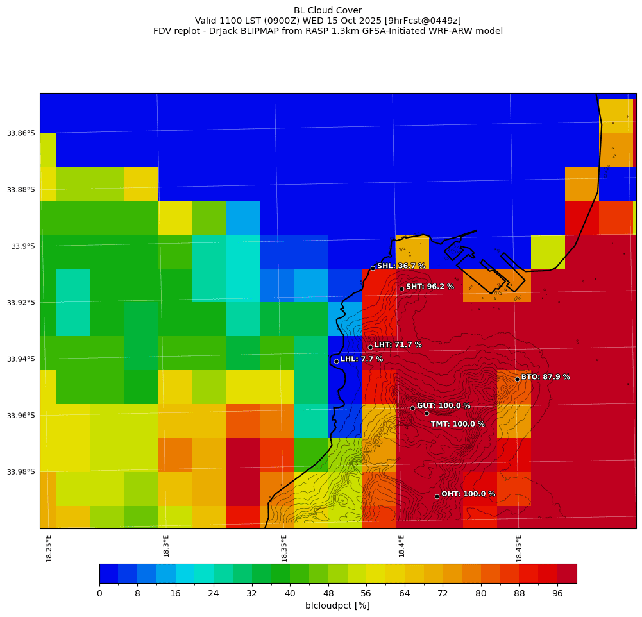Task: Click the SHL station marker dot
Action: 373,268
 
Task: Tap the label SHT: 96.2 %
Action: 430,287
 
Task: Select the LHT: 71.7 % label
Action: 398,345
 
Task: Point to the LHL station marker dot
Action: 336,361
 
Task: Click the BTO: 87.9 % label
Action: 545,377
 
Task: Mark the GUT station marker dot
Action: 412,408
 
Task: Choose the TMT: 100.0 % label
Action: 457,424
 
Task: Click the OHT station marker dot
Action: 437,496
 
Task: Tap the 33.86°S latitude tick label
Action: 21,133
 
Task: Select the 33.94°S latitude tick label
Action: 21,359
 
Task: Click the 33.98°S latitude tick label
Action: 21,472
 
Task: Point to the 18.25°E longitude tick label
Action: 49,548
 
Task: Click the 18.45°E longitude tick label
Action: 519,548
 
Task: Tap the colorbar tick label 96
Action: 557,594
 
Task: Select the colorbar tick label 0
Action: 99,594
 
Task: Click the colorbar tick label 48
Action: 328,594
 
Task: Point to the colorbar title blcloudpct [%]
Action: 337,605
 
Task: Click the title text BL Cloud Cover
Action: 328,10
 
